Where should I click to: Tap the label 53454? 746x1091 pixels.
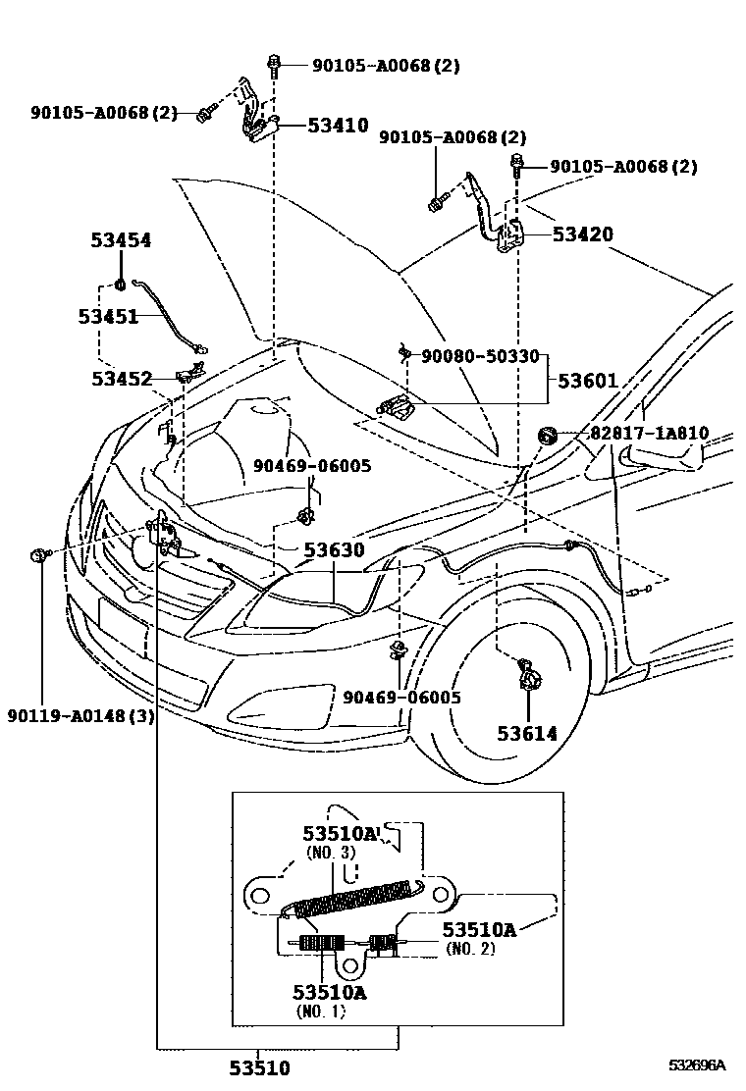(122, 240)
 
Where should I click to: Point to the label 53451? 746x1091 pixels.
(109, 316)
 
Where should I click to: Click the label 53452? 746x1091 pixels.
(122, 378)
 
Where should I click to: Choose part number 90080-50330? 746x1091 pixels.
(481, 356)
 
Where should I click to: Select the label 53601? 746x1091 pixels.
(589, 380)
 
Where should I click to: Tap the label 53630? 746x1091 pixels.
(333, 551)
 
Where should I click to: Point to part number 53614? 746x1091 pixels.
(526, 733)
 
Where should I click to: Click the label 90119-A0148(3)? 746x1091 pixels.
(80, 715)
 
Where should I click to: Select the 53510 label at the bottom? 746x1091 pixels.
(259, 1067)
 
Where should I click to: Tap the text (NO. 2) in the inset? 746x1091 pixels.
(470, 949)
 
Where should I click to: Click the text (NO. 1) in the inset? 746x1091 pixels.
(320, 1011)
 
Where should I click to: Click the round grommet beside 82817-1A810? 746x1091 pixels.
(547, 434)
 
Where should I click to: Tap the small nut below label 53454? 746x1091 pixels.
(119, 286)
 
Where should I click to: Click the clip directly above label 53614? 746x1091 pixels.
(528, 676)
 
